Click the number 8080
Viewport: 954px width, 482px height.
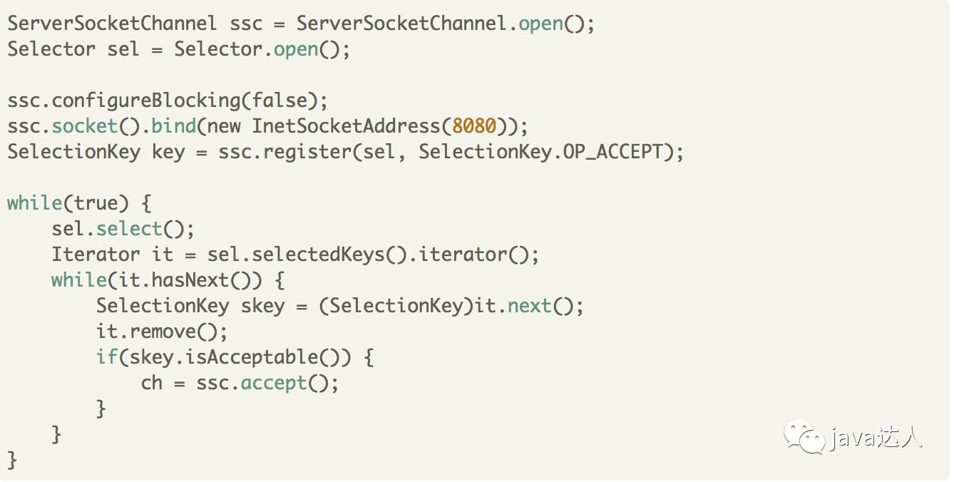(474, 126)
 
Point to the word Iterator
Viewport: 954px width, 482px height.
(96, 255)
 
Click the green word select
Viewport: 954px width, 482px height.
(129, 229)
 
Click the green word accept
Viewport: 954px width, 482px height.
(273, 383)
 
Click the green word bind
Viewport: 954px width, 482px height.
(173, 126)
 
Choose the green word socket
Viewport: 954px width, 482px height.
(84, 126)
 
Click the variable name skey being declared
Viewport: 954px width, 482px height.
(262, 306)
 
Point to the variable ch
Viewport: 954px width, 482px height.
(151, 383)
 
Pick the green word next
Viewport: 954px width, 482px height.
(530, 306)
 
